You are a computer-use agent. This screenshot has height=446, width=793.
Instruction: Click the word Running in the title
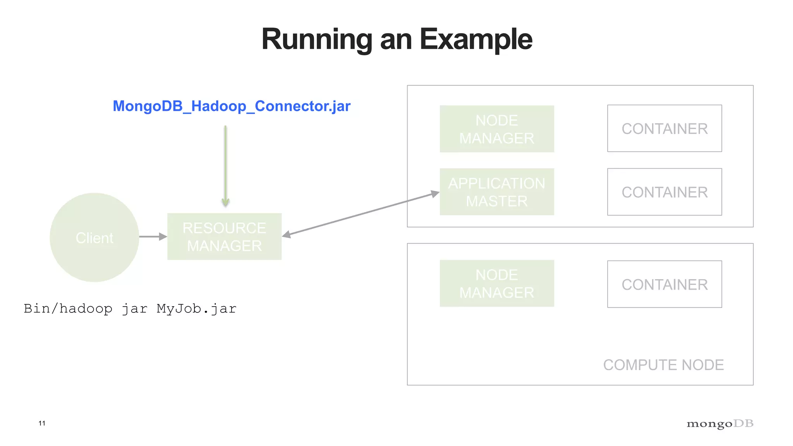pyautogui.click(x=316, y=39)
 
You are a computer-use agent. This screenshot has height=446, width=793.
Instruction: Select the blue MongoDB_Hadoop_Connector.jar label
pyautogui.click(x=232, y=106)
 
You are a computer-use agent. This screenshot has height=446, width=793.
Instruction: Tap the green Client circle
pyautogui.click(x=94, y=237)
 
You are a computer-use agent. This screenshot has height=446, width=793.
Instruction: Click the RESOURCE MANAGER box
pyautogui.click(x=224, y=237)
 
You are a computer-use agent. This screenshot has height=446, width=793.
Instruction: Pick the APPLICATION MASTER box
pyautogui.click(x=497, y=192)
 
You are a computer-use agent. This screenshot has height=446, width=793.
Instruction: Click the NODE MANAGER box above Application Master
pyautogui.click(x=497, y=129)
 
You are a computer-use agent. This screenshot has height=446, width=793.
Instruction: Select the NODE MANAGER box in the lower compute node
pyautogui.click(x=497, y=283)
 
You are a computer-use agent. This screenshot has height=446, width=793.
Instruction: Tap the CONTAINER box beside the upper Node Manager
pyautogui.click(x=664, y=129)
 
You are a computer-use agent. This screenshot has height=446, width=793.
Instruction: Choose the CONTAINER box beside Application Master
pyautogui.click(x=664, y=192)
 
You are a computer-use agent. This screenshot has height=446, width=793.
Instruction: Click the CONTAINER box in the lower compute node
pyautogui.click(x=664, y=284)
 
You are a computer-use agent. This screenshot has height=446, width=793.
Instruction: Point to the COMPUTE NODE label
pyautogui.click(x=663, y=365)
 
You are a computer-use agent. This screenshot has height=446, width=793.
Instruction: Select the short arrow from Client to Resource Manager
pyautogui.click(x=152, y=236)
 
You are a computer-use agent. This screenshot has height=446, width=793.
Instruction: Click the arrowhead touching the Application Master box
pyautogui.click(x=435, y=194)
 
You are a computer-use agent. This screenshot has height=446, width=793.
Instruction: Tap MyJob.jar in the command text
pyautogui.click(x=196, y=309)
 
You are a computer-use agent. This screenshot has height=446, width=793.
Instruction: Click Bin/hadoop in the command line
pyautogui.click(x=68, y=309)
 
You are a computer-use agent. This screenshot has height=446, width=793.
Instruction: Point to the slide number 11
pyautogui.click(x=42, y=423)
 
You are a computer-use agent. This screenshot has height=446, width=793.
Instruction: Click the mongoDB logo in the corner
pyautogui.click(x=720, y=424)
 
